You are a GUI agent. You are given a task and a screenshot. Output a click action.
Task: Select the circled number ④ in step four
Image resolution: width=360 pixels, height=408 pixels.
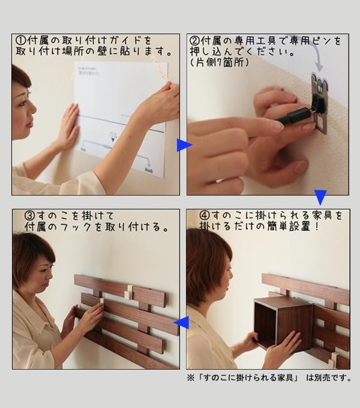pos(205,215)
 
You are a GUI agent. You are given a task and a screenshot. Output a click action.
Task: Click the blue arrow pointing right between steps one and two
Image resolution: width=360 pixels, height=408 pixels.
pos(184,145)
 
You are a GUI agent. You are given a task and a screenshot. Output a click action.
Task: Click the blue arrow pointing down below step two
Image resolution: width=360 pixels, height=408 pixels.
pos(320,197)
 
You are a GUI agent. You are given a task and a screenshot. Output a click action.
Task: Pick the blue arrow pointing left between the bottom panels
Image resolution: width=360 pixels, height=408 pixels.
pos(181,322)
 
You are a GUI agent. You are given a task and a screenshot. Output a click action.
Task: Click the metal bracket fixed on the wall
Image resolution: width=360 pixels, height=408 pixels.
pos(319,104)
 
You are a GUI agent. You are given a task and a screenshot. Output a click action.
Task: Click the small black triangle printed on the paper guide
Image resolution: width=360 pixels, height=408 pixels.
pos(113,140)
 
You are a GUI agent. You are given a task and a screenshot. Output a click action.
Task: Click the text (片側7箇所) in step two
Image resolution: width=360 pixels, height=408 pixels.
pos(220,63)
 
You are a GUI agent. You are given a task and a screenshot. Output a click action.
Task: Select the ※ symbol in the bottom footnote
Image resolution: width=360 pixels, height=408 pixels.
pos(191,377)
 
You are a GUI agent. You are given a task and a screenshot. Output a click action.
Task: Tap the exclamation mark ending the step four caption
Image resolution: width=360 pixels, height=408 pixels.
pos(316,226)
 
